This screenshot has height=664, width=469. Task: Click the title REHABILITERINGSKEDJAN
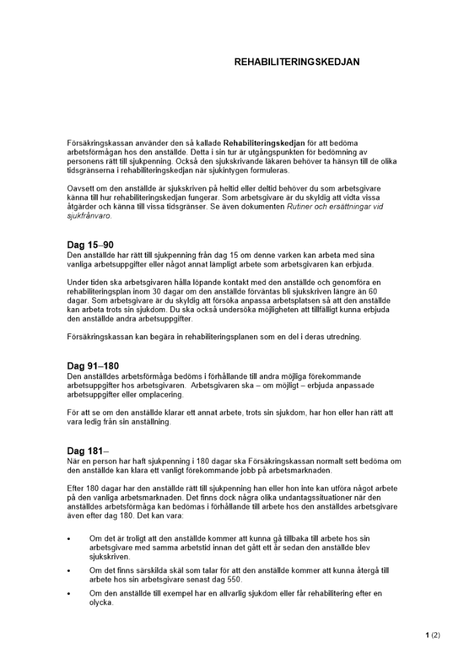point(297,61)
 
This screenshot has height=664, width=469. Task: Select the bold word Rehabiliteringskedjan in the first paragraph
point(264,143)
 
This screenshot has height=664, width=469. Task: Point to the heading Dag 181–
point(88,452)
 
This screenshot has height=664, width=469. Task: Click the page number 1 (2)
point(433,635)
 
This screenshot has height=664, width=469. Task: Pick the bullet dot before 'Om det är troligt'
point(69,538)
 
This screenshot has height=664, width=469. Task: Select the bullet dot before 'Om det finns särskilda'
point(69,570)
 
